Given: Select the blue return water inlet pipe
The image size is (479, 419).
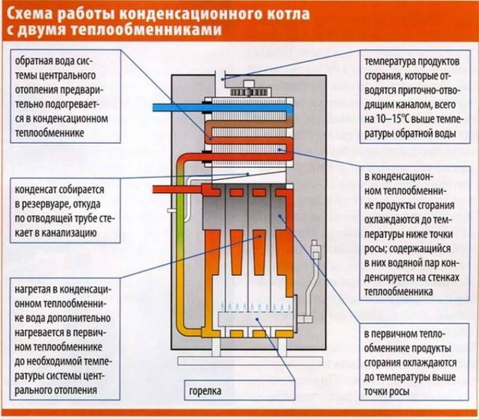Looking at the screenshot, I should [177, 107].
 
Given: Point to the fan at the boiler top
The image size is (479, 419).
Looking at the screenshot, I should [249, 90].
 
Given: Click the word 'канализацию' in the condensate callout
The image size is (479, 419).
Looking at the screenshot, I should [71, 233].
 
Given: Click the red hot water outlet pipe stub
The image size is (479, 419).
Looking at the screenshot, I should [171, 190].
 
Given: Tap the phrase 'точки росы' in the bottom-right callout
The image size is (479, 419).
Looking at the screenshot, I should [386, 392].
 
